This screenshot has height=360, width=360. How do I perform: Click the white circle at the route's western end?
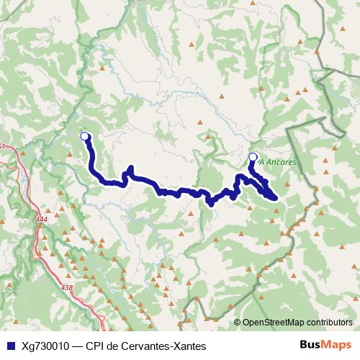[x=84, y=136]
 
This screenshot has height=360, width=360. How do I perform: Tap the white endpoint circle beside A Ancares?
[x=252, y=157]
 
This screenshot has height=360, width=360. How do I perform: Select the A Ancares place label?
[x=278, y=163]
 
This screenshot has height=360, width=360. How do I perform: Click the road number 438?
[x=67, y=288]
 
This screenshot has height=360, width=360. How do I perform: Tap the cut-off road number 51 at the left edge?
[x=2, y=147]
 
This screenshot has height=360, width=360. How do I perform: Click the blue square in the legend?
[x=10, y=346]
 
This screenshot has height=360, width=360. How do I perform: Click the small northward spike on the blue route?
[x=130, y=169]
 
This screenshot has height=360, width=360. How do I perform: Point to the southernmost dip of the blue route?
[x=211, y=204]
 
